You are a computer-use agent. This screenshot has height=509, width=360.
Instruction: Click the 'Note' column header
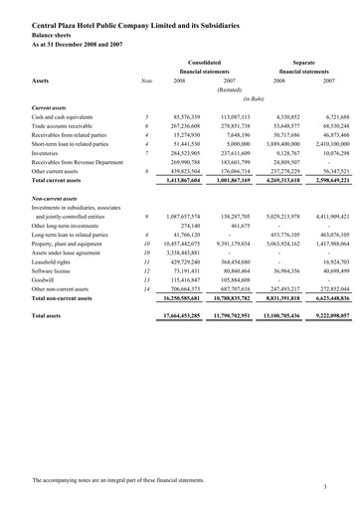coord(146,81)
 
